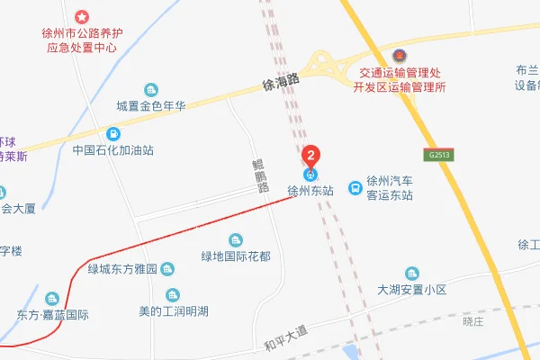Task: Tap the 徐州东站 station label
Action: tap(310, 191)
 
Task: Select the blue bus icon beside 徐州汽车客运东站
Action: tap(356, 188)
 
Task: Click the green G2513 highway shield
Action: tap(439, 155)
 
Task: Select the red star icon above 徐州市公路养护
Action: tap(81, 17)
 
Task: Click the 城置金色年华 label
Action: tap(150, 106)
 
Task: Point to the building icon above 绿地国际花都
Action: tap(236, 239)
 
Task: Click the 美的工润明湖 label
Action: tap(173, 311)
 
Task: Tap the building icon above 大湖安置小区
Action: tap(412, 273)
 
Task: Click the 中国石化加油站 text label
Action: tap(112, 151)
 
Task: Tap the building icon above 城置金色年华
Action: tap(150, 89)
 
